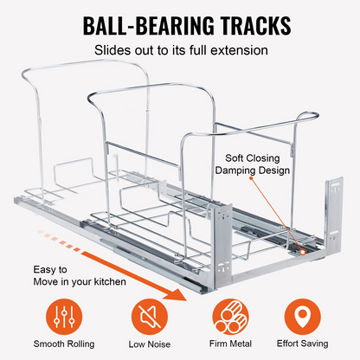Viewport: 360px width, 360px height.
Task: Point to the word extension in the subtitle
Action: (x=239, y=50)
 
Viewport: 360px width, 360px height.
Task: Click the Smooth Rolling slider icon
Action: (x=64, y=317)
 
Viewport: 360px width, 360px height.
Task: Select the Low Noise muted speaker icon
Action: (x=150, y=317)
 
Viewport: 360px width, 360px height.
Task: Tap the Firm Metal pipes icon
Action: (x=230, y=317)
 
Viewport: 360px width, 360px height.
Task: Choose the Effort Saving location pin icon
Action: (x=302, y=317)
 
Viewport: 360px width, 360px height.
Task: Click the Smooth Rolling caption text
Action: (x=64, y=344)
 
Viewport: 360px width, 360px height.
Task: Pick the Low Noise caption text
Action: (x=150, y=344)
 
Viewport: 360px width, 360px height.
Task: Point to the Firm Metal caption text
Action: (x=230, y=344)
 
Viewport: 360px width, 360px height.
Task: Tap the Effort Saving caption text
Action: (x=303, y=344)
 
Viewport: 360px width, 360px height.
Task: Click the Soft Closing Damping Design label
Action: (x=253, y=164)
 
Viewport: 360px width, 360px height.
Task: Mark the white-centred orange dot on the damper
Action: (x=303, y=252)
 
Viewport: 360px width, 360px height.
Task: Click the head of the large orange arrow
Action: (x=177, y=293)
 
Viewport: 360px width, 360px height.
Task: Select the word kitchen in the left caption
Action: (x=110, y=281)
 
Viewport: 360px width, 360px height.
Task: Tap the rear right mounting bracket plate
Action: (x=334, y=214)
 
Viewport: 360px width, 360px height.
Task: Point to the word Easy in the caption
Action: (x=43, y=270)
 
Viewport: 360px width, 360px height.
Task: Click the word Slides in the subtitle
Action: (x=112, y=50)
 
